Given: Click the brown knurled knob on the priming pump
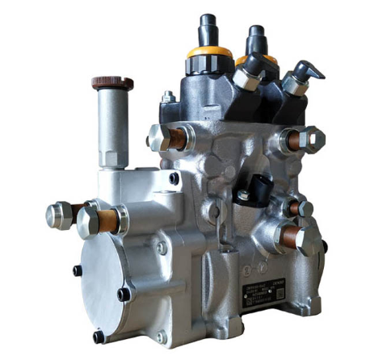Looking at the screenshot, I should (x=112, y=82).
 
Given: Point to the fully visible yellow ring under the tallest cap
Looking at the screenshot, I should (x=209, y=53).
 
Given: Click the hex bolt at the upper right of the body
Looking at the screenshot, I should (x=310, y=140).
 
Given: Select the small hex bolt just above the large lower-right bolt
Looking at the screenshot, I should (x=303, y=207).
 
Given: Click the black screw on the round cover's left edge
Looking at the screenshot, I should (x=78, y=270).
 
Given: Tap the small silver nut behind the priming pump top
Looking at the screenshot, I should (x=167, y=98).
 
